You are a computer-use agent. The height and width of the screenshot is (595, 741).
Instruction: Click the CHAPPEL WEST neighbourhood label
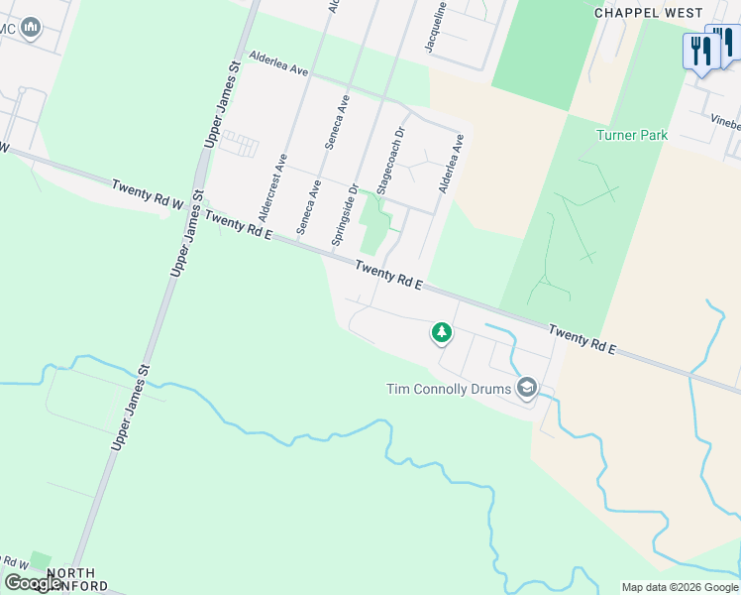tap(648, 13)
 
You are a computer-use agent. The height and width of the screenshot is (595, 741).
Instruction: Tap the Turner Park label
tap(632, 135)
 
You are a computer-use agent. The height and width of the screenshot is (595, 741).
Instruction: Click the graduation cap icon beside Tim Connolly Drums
tap(527, 388)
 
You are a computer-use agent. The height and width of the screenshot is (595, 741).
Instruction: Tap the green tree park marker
tap(441, 333)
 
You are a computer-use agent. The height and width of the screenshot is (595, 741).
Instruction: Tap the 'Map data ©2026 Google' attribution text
tap(680, 587)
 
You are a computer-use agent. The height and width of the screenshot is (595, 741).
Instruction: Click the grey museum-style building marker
tap(32, 27)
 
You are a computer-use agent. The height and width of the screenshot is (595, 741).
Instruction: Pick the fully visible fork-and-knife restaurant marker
tap(700, 52)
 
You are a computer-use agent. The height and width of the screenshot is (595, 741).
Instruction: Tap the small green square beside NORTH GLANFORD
tap(40, 561)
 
